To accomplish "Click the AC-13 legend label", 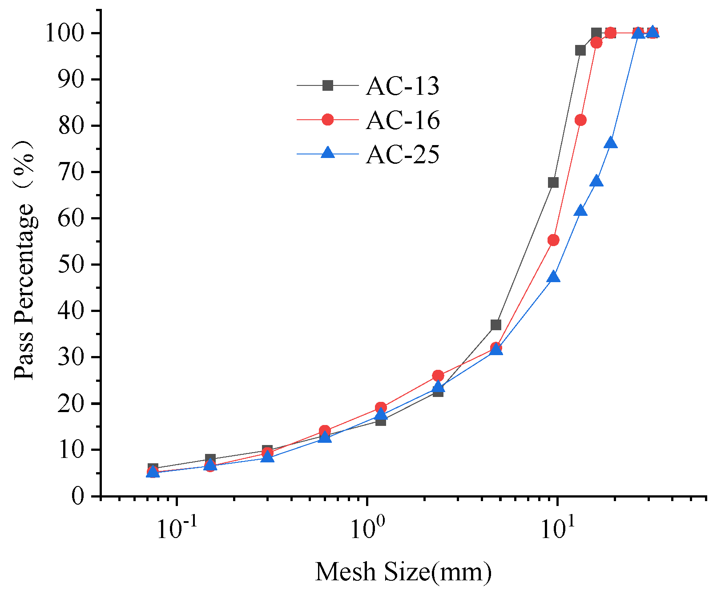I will (403, 86).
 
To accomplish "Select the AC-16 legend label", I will (403, 120).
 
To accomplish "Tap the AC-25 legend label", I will (403, 154).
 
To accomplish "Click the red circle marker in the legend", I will (328, 120).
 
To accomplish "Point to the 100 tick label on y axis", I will (65, 33).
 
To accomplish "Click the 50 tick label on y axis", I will (71, 264).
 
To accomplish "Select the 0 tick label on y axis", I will (78, 496).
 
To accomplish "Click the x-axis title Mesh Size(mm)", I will (403, 572).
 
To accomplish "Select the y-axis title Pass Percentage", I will (24, 260).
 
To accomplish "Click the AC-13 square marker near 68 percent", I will (553, 182).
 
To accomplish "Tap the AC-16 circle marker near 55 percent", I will (553, 240).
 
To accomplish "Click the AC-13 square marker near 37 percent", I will (496, 325).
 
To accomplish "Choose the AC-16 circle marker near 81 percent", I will (580, 120).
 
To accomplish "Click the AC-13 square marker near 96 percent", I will (580, 50).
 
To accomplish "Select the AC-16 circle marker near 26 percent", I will (438, 376).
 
